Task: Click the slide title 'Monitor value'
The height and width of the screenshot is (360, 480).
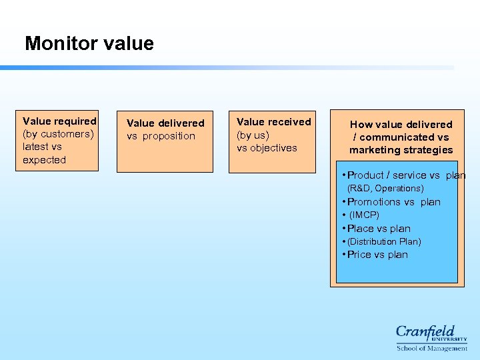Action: (89, 44)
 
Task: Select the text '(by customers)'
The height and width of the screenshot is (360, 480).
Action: (58, 134)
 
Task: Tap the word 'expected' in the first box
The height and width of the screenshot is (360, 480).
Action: (44, 160)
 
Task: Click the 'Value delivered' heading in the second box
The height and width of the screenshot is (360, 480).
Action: (165, 123)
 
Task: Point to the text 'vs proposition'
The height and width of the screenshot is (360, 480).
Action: (161, 136)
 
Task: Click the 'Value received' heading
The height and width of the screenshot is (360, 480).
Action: (273, 122)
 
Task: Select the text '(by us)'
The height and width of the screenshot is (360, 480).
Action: (253, 135)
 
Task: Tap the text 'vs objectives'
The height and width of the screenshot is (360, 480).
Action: (267, 148)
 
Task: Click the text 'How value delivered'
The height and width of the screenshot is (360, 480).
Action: (401, 125)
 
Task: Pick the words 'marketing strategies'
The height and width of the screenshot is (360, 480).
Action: (401, 150)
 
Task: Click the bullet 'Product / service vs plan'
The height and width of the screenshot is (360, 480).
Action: (403, 175)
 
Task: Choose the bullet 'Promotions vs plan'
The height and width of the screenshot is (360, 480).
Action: (393, 202)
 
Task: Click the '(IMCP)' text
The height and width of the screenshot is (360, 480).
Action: (364, 215)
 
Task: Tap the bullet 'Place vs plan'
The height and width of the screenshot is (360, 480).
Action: (379, 229)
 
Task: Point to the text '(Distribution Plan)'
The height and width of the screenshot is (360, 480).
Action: (384, 241)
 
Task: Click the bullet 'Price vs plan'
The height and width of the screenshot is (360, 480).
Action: (377, 255)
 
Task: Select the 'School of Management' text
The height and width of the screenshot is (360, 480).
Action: (432, 348)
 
